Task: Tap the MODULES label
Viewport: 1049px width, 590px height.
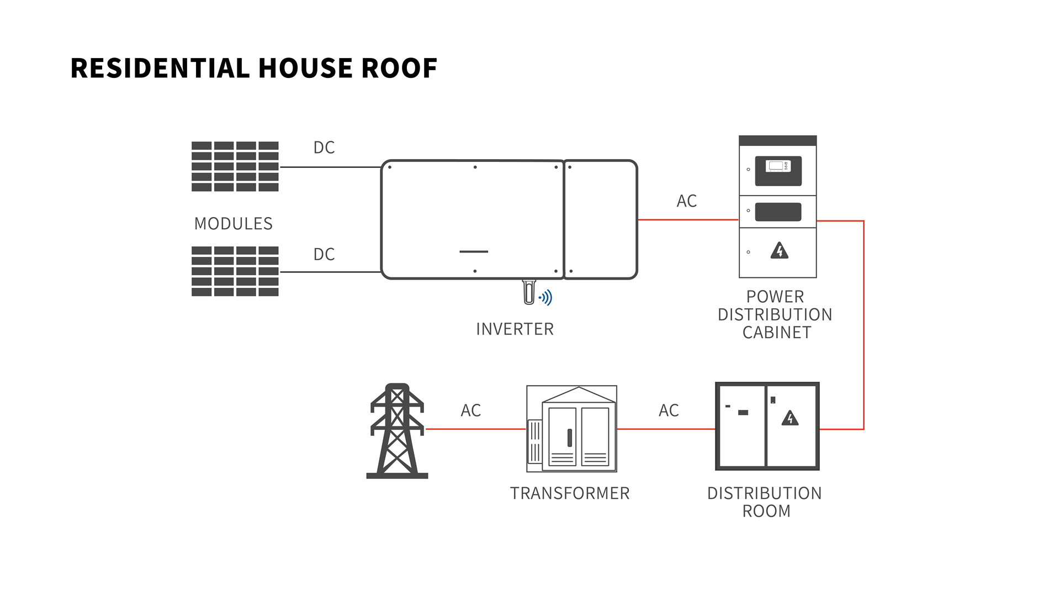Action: click(x=234, y=224)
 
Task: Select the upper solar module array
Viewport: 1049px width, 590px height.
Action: click(x=235, y=166)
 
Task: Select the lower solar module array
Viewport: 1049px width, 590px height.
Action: click(x=235, y=271)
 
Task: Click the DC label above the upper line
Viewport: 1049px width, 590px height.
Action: click(x=324, y=147)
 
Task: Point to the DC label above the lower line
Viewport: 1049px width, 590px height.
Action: click(x=324, y=254)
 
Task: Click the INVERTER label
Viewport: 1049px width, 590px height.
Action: click(x=515, y=329)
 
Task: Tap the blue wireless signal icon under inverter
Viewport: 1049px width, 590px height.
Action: click(x=546, y=298)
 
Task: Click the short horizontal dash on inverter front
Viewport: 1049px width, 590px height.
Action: click(x=474, y=252)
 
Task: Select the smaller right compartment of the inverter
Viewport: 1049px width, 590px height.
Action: click(x=601, y=219)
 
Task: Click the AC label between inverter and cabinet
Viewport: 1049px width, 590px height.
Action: click(x=687, y=201)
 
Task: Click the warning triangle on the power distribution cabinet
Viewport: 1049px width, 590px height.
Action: click(x=779, y=251)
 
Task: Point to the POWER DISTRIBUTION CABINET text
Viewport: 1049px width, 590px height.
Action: click(x=775, y=314)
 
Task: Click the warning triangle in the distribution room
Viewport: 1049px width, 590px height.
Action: click(x=790, y=418)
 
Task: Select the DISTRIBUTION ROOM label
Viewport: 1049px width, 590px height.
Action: click(x=765, y=502)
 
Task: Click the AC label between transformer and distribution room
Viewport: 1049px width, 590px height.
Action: click(x=669, y=410)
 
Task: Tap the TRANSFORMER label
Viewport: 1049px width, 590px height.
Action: click(x=570, y=493)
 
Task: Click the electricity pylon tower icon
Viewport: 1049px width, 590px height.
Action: click(x=397, y=431)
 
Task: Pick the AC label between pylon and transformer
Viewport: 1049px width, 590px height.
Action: click(x=471, y=410)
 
